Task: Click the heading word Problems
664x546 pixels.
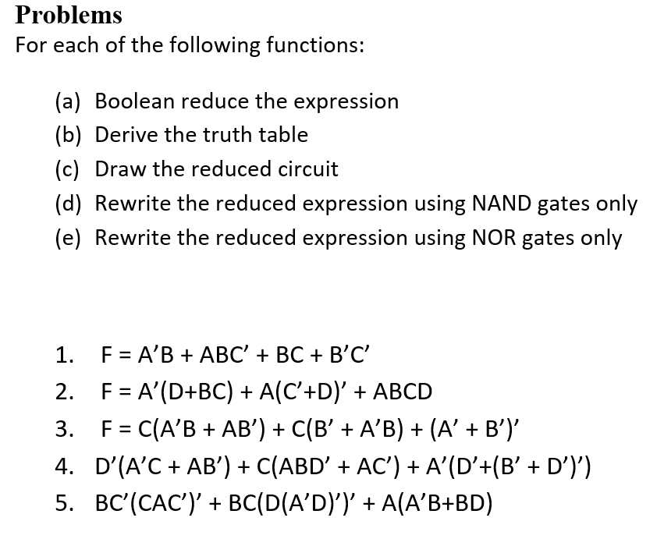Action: (69, 15)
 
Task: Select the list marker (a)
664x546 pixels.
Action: (69, 101)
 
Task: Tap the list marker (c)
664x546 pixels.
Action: (69, 169)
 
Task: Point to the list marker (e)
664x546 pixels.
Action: (69, 237)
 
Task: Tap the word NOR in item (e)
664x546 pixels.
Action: (495, 237)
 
